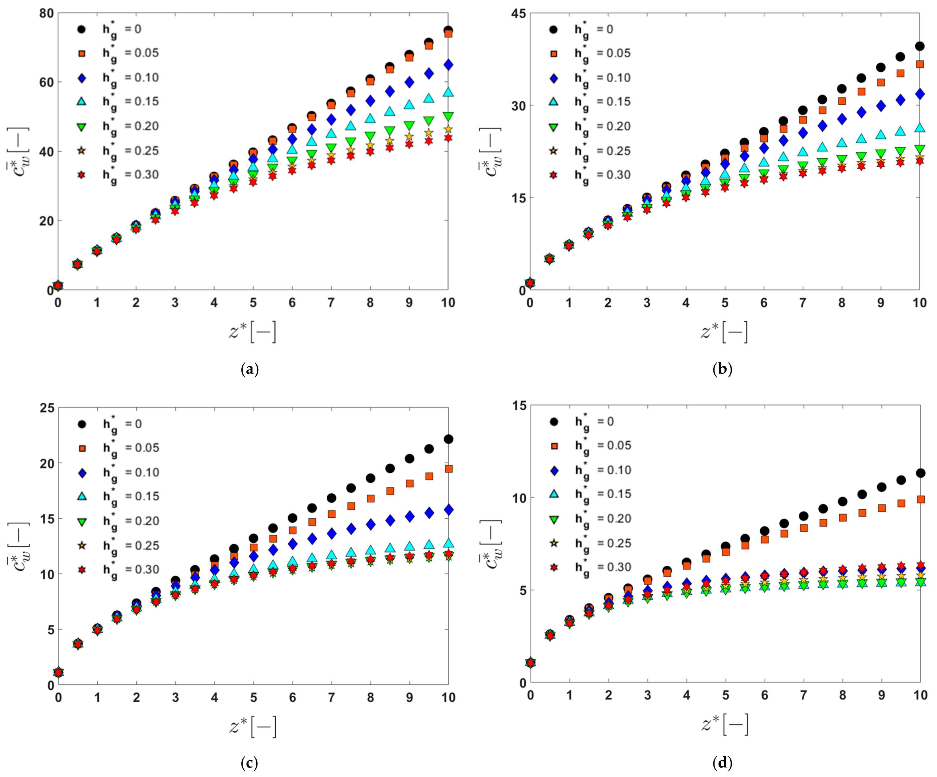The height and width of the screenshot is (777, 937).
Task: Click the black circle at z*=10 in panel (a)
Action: tap(448, 30)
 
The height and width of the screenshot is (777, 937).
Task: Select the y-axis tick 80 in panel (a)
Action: tap(46, 13)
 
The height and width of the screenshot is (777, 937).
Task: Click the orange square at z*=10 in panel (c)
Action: tap(448, 469)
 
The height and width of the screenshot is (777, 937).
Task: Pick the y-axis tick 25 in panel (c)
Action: tap(46, 408)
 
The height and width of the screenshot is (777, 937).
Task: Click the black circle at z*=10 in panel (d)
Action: tap(920, 473)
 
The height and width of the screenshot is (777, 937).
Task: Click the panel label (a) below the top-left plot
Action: tap(249, 369)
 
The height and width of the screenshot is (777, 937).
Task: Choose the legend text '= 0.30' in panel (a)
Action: tap(141, 175)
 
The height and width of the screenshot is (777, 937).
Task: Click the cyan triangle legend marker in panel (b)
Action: tap(553, 102)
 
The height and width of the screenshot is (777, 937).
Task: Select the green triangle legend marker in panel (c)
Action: tap(82, 521)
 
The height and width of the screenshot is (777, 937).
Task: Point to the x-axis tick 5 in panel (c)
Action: tap(253, 698)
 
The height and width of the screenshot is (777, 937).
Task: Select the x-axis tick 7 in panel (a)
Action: tap(331, 303)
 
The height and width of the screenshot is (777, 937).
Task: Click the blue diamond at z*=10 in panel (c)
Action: tap(448, 510)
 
